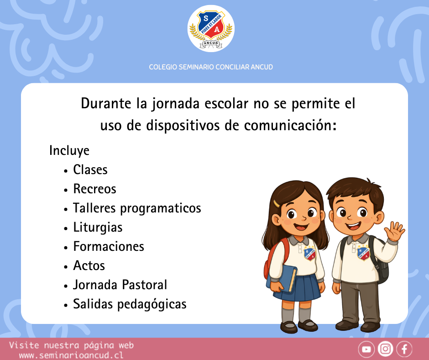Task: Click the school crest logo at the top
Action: [211, 28]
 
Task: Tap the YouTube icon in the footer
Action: [366, 349]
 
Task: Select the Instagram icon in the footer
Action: [385, 349]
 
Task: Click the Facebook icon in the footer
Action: [404, 349]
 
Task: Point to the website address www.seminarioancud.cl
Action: [71, 355]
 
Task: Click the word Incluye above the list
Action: [69, 150]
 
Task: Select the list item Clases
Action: [90, 169]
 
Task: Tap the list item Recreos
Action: [94, 189]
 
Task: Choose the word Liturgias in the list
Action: [98, 228]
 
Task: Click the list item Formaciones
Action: [109, 246]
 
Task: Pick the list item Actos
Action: [89, 265]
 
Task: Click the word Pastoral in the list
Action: [144, 285]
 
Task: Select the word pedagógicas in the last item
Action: [152, 304]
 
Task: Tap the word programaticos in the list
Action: [161, 208]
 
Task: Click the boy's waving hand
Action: [394, 231]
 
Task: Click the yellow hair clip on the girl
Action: [276, 204]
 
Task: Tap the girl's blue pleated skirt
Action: [298, 288]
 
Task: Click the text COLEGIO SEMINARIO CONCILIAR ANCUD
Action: [211, 67]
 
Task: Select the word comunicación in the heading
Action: [290, 126]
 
